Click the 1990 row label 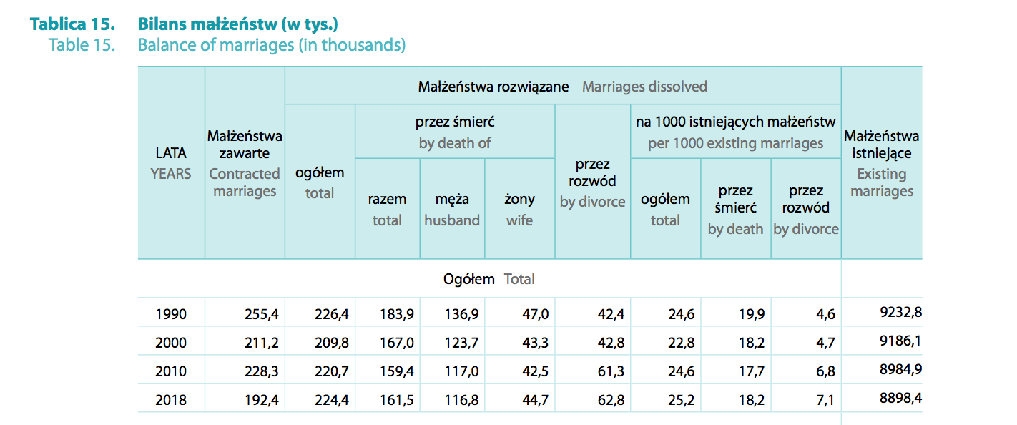(x=171, y=314)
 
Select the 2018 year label (x=171, y=400)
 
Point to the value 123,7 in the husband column (x=461, y=343)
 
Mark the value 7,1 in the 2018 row (x=825, y=400)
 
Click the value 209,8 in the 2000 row (x=332, y=343)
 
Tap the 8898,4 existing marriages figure (x=900, y=398)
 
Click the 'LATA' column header (x=171, y=153)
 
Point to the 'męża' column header (x=452, y=200)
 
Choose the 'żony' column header (x=520, y=200)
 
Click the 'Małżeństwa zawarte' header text (x=245, y=144)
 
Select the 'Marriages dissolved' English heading (x=644, y=87)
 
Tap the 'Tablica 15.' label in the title (x=73, y=24)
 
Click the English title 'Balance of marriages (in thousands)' (x=272, y=45)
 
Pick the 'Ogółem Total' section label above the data (x=489, y=279)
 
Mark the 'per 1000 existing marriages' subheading (x=735, y=143)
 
